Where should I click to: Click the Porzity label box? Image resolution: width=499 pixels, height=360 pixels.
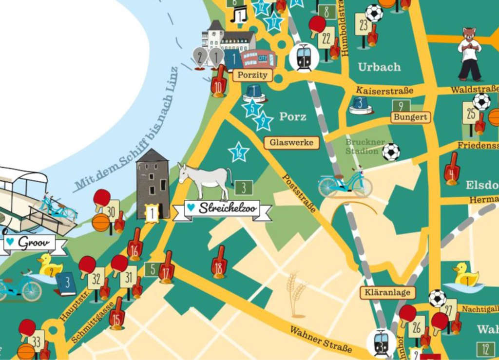point(252,75)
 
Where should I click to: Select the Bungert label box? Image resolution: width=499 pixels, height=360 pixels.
point(410,117)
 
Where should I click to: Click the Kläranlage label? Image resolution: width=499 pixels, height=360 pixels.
point(388,292)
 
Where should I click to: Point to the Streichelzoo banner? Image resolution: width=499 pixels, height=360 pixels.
point(222,209)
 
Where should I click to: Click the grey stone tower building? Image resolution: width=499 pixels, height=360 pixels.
point(153,183)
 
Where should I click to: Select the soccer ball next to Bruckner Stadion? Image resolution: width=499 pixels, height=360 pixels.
point(391,152)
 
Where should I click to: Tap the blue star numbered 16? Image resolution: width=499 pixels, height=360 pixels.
point(239,153)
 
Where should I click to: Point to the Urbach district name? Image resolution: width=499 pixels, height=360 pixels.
point(379,67)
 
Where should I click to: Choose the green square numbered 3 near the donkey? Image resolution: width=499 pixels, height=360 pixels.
point(244,187)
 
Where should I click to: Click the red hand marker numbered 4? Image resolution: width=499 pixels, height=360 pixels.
point(452,169)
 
